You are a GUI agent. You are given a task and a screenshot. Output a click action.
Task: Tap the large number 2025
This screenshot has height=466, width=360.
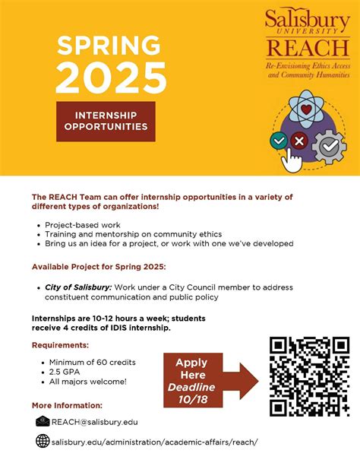click(111, 78)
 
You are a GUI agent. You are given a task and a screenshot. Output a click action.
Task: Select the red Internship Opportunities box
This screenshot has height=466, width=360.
click(106, 121)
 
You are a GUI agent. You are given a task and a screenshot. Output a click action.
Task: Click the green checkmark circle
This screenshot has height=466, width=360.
click(279, 141)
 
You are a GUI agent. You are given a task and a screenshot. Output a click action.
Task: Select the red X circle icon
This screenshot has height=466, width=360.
click(300, 141)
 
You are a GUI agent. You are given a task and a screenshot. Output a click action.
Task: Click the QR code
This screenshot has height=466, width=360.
click(309, 376)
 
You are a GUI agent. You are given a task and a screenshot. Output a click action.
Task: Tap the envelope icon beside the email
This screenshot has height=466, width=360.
click(43, 422)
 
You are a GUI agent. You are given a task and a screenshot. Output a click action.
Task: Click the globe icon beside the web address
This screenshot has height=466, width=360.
click(43, 442)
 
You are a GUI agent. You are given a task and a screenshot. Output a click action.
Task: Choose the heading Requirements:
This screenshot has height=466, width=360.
click(60, 344)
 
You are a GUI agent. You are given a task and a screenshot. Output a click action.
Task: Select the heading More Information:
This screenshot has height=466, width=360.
click(67, 405)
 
